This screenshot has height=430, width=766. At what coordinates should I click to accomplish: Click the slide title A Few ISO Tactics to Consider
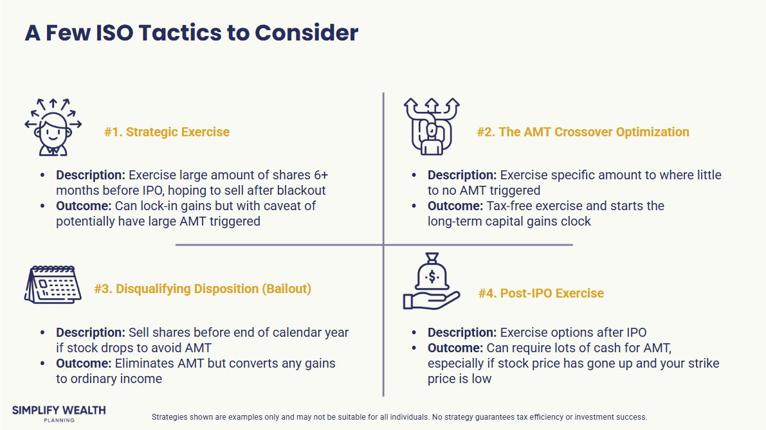coord(192,33)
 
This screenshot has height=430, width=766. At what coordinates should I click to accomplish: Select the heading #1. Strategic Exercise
coord(167,132)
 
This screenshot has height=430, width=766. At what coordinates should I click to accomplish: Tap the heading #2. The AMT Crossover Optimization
coord(583,132)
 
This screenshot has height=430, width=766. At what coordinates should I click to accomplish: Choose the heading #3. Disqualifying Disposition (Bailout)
coord(203,289)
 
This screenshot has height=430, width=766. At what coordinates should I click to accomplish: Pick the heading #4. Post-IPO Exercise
coord(542,293)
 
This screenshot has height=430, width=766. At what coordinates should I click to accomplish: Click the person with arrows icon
coord(53,127)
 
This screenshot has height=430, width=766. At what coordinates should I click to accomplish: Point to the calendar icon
coord(53,285)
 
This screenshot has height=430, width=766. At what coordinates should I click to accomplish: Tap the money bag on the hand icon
coord(432,281)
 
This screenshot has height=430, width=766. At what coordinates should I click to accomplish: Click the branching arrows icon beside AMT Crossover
coord(432,127)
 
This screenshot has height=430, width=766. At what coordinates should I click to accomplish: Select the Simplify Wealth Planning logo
coord(59,413)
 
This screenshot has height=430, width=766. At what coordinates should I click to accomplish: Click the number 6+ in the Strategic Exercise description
coord(321,175)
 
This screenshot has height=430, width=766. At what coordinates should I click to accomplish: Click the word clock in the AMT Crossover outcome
coord(576,221)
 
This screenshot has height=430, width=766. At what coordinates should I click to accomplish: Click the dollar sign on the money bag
coord(432,277)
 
